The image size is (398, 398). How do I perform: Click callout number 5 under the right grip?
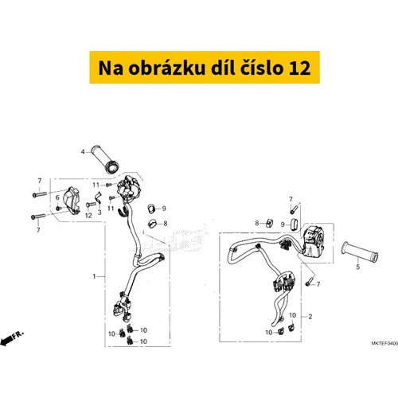[357, 268]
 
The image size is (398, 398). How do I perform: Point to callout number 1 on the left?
[94, 276]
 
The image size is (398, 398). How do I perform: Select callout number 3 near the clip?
[100, 213]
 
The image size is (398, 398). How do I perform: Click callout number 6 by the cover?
[58, 197]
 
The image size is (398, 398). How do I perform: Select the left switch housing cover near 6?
[74, 196]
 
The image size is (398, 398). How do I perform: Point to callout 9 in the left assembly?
[163, 209]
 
